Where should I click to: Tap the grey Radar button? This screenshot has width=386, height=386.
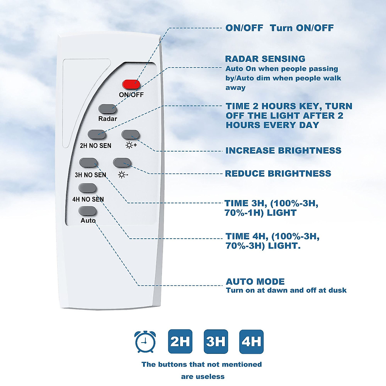click(107, 109)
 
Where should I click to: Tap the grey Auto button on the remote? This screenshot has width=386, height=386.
click(87, 211)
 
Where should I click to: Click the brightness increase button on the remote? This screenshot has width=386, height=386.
click(130, 134)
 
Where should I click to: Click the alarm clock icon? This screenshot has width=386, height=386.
click(145, 342)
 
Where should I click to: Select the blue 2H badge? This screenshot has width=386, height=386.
click(180, 342)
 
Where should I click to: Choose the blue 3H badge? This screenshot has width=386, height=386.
click(216, 342)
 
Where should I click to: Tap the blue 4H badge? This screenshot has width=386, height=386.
click(251, 342)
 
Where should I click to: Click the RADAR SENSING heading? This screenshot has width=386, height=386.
click(265, 59)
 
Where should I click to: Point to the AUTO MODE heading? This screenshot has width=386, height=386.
click(255, 282)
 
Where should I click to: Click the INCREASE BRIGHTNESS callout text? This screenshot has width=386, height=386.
click(283, 151)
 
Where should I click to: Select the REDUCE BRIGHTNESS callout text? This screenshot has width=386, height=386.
click(278, 174)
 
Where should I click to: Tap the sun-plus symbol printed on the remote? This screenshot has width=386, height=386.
click(131, 145)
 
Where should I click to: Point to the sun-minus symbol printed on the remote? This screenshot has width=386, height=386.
click(123, 175)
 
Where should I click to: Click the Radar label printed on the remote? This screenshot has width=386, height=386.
click(107, 119)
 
